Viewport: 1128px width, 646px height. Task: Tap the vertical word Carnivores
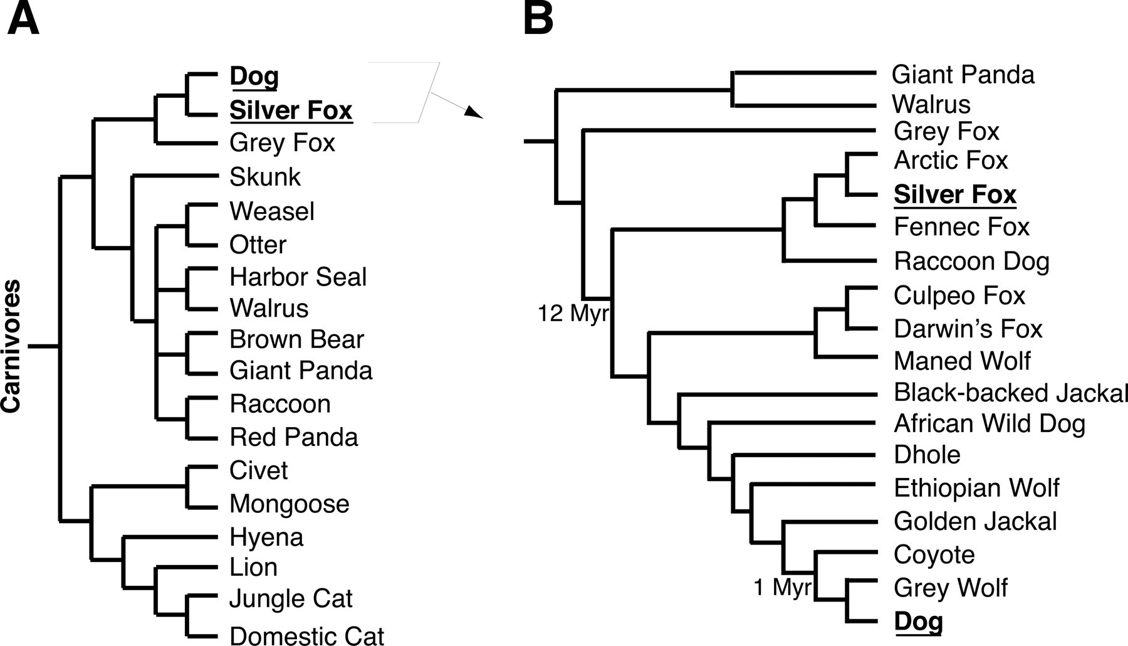pyautogui.click(x=11, y=347)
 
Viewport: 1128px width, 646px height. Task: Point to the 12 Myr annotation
pyautogui.click(x=573, y=312)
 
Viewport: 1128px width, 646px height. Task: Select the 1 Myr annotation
pyautogui.click(x=783, y=588)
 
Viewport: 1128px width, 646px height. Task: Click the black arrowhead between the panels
pyautogui.click(x=474, y=112)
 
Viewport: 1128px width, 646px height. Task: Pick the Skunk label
pyautogui.click(x=265, y=177)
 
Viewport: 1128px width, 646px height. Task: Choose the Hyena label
pyautogui.click(x=266, y=537)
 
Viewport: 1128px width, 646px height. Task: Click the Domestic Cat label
pyautogui.click(x=306, y=635)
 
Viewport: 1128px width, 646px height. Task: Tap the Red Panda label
pyautogui.click(x=294, y=437)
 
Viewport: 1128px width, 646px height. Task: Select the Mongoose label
pyautogui.click(x=290, y=504)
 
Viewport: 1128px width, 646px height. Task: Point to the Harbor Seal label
pyautogui.click(x=298, y=277)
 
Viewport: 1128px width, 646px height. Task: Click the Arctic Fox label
pyautogui.click(x=951, y=160)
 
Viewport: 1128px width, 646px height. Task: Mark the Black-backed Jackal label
pyautogui.click(x=1011, y=393)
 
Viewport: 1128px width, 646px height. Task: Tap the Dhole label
pyautogui.click(x=927, y=455)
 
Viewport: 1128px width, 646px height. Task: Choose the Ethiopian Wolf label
pyautogui.click(x=976, y=488)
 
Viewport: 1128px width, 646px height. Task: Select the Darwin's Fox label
pyautogui.click(x=968, y=329)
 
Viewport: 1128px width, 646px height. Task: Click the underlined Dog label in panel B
pyautogui.click(x=918, y=622)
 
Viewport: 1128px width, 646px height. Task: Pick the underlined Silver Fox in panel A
pyautogui.click(x=291, y=110)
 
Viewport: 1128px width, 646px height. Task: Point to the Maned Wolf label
pyautogui.click(x=962, y=361)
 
